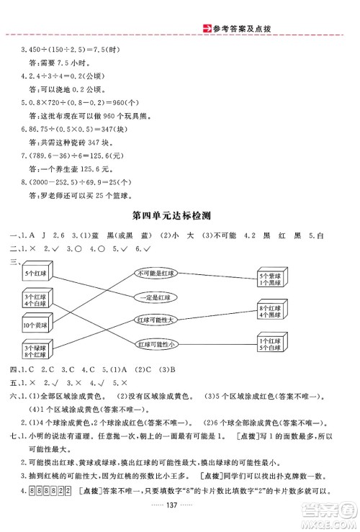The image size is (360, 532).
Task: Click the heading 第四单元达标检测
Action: pyautogui.click(x=179, y=214)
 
